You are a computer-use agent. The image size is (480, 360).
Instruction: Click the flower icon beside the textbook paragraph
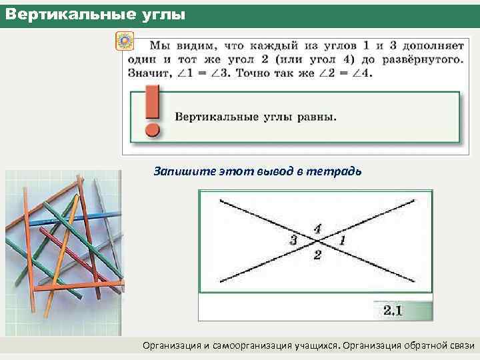[x=124, y=41]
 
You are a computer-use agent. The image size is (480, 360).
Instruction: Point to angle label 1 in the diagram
[x=342, y=239]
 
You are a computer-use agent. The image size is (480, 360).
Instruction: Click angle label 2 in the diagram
[x=317, y=255]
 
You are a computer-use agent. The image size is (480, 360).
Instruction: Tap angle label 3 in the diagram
[x=293, y=240]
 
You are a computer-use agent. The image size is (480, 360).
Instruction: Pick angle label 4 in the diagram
[x=317, y=228]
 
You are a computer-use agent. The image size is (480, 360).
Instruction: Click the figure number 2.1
[x=392, y=310]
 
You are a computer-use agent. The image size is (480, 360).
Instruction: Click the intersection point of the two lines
[x=315, y=241]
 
